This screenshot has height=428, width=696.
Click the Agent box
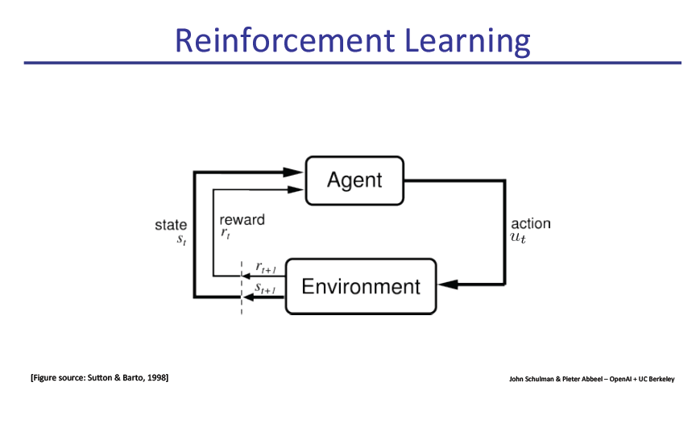pyautogui.click(x=354, y=179)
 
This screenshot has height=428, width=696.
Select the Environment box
pyautogui.click(x=360, y=286)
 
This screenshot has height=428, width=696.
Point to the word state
pyautogui.click(x=171, y=226)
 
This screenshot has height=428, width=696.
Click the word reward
pyautogui.click(x=242, y=219)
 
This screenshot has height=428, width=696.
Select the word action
pyautogui.click(x=531, y=224)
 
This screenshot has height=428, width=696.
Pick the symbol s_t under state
pyautogui.click(x=181, y=240)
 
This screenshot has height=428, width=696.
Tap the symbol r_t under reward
pyautogui.click(x=226, y=234)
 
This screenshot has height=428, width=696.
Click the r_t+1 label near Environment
pyautogui.click(x=266, y=267)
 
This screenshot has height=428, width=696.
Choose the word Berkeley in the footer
pyautogui.click(x=661, y=379)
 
